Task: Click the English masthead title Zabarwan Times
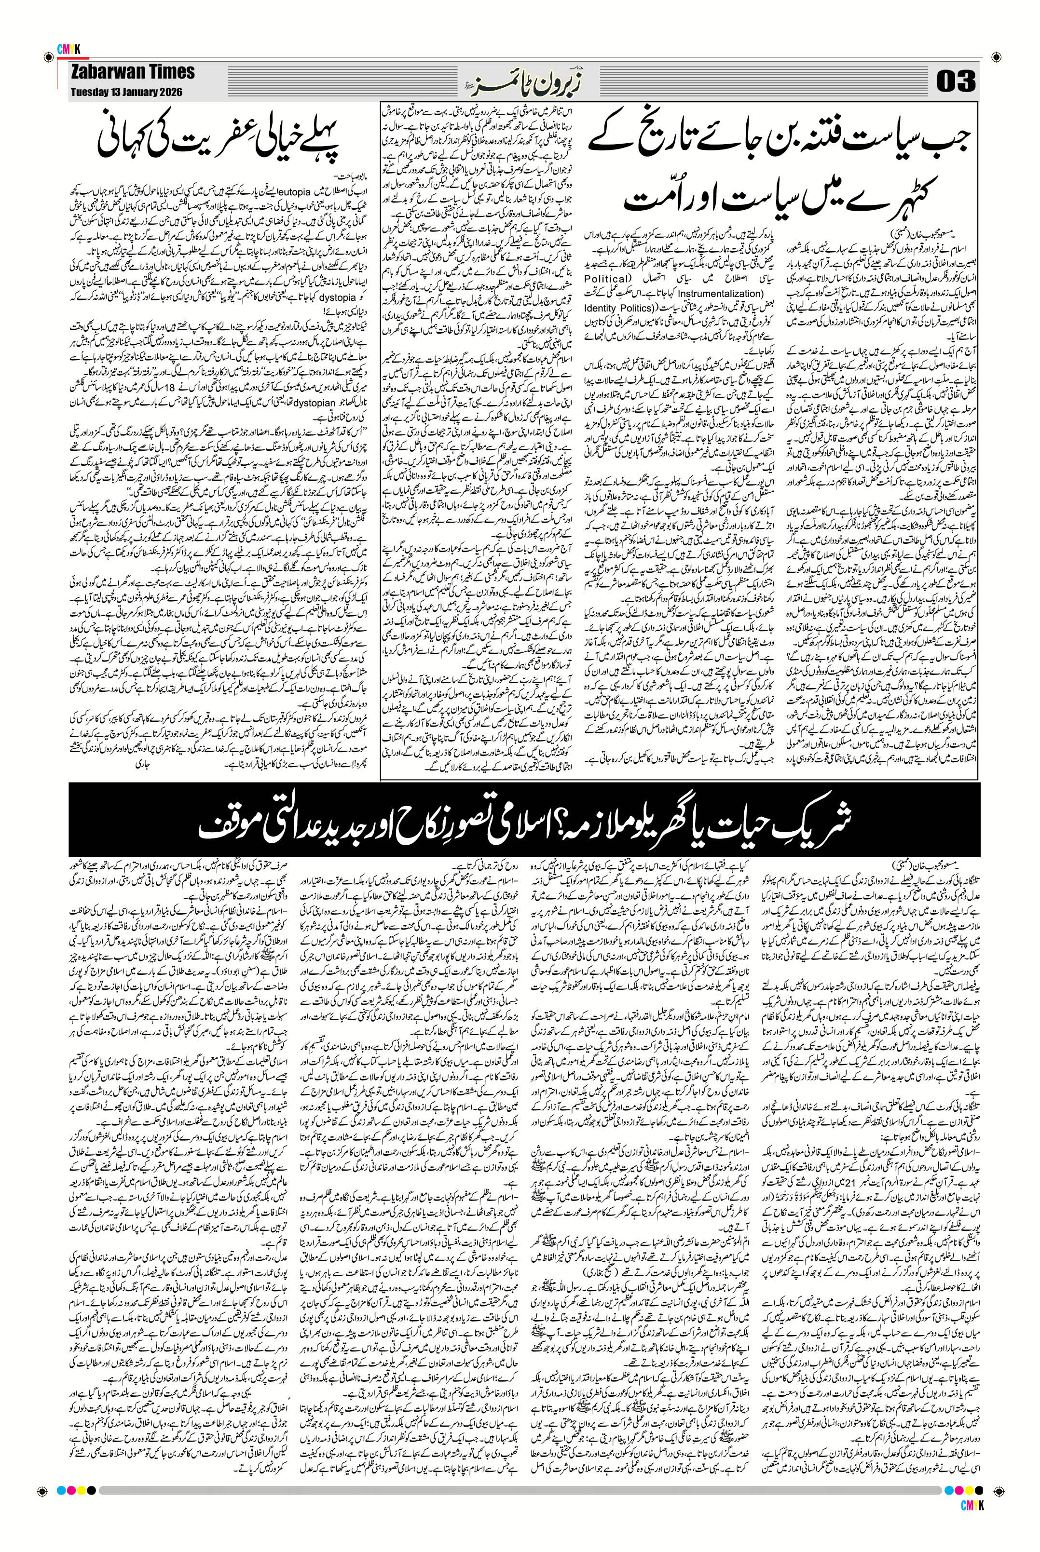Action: point(133,72)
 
